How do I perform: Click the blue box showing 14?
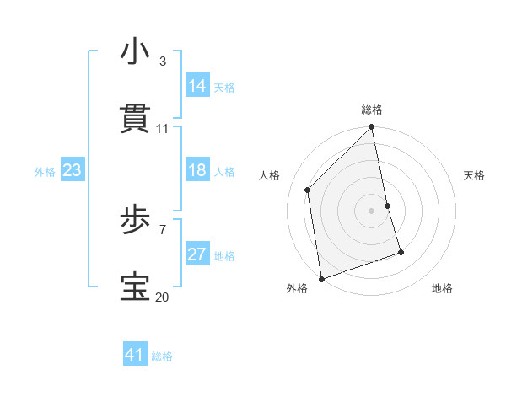197,86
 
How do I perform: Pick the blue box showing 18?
197,170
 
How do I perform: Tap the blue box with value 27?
197,254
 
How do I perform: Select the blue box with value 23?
72,170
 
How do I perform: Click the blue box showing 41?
135,355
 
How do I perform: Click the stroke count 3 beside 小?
163,62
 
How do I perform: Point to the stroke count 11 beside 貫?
163,129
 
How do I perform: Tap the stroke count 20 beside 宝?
163,297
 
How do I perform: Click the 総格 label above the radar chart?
372,110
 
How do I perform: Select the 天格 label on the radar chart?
474,175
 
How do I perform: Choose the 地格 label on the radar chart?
442,288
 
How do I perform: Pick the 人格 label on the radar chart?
270,175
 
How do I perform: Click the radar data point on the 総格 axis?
372,128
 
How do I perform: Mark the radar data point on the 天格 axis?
388,206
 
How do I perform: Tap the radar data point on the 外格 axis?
321,279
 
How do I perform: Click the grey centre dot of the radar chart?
372,211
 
